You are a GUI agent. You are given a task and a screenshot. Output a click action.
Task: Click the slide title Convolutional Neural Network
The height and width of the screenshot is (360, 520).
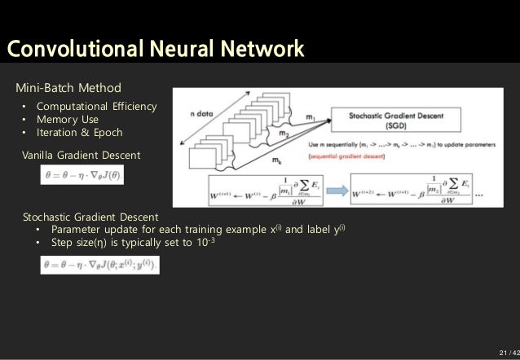[x=155, y=48]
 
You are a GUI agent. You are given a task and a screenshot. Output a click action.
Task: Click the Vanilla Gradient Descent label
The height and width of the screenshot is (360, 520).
[x=81, y=155]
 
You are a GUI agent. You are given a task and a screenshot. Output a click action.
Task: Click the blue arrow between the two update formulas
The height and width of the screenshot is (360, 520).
[x=333, y=189]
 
